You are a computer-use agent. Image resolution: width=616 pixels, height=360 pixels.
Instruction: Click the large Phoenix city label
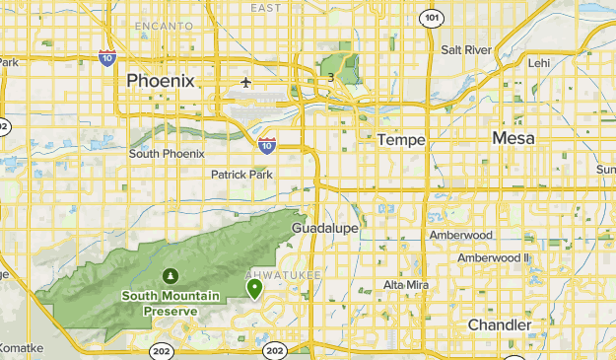point(162,80)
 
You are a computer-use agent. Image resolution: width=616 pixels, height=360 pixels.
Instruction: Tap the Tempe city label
point(401,140)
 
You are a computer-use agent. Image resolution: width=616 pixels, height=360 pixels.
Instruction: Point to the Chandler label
point(499,324)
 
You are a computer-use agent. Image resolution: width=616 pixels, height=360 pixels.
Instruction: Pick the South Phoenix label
point(167,154)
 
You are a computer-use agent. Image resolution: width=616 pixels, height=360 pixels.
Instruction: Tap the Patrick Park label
point(241,175)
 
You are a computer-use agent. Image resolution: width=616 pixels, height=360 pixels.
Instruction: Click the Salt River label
point(466,49)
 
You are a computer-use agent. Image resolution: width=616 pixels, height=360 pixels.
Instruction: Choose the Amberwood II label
point(493,257)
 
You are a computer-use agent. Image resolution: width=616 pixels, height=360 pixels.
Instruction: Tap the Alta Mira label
point(406,284)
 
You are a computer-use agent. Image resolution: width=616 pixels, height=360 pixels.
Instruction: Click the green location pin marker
point(254,288)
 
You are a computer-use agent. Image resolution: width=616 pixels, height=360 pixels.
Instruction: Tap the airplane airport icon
point(245,81)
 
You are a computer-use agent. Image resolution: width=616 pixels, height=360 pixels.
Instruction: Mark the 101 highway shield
point(430,18)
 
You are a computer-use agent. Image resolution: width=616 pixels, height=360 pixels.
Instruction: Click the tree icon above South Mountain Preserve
point(171,275)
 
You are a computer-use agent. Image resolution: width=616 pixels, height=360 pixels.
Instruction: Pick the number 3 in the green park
point(331,78)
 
